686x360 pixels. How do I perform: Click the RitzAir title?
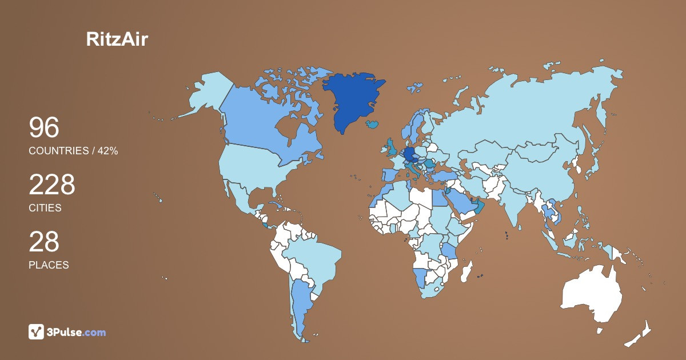117,39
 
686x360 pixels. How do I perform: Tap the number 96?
44,128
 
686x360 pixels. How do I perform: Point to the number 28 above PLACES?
44,242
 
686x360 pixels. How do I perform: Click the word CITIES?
45,208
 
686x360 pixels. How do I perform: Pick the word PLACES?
49,265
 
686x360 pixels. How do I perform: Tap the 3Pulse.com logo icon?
37,332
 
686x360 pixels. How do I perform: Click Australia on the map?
589,291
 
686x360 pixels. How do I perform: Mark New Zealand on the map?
640,334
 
